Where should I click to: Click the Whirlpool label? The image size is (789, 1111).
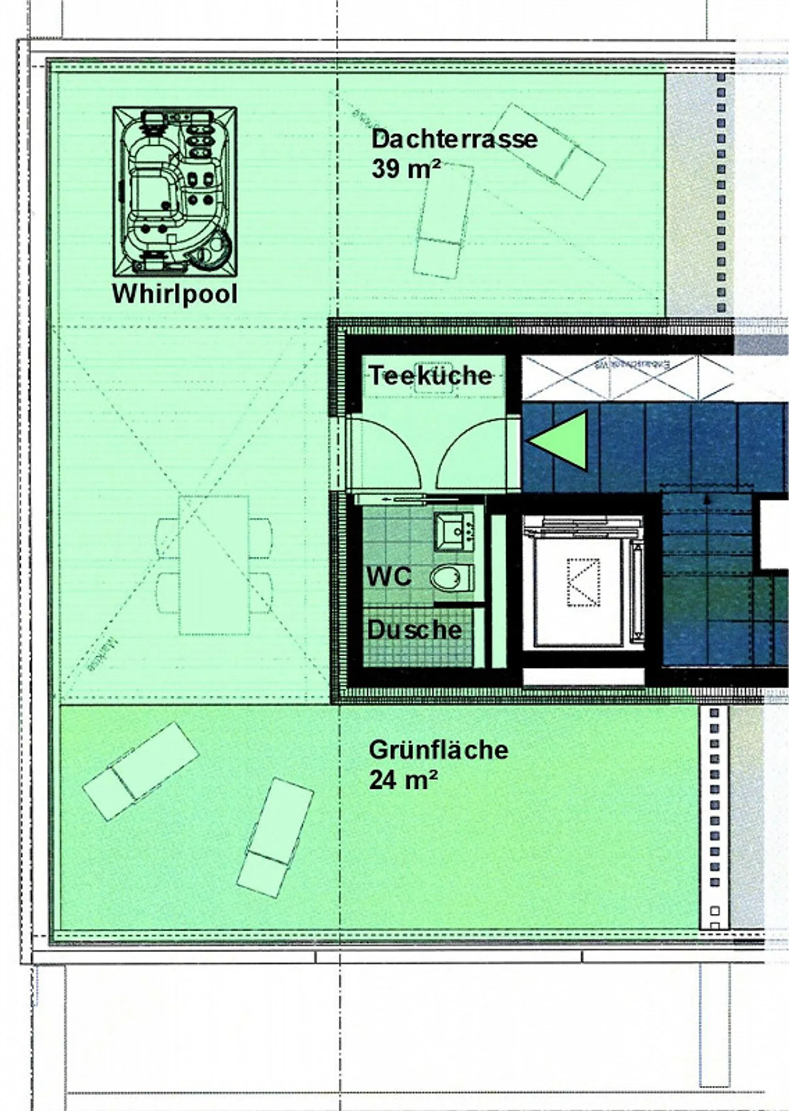pos(175,294)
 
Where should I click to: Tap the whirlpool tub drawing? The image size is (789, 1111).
pos(175,191)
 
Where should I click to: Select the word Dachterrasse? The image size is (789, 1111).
pos(454,139)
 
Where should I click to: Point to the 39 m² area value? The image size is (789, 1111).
pos(405,168)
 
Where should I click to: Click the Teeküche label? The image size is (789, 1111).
pos(431,376)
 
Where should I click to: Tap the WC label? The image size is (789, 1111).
pos(389,576)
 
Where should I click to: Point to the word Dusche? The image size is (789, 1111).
pos(414,630)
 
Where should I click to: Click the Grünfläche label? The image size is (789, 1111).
pos(438,750)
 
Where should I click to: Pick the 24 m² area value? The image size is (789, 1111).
pos(403,780)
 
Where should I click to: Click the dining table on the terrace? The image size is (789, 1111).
pos(214,565)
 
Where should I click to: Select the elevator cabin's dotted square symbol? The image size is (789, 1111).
pos(583,582)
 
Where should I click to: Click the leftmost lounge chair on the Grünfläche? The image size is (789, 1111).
pos(140,771)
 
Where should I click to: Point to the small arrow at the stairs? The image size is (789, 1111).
pos(707,499)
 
